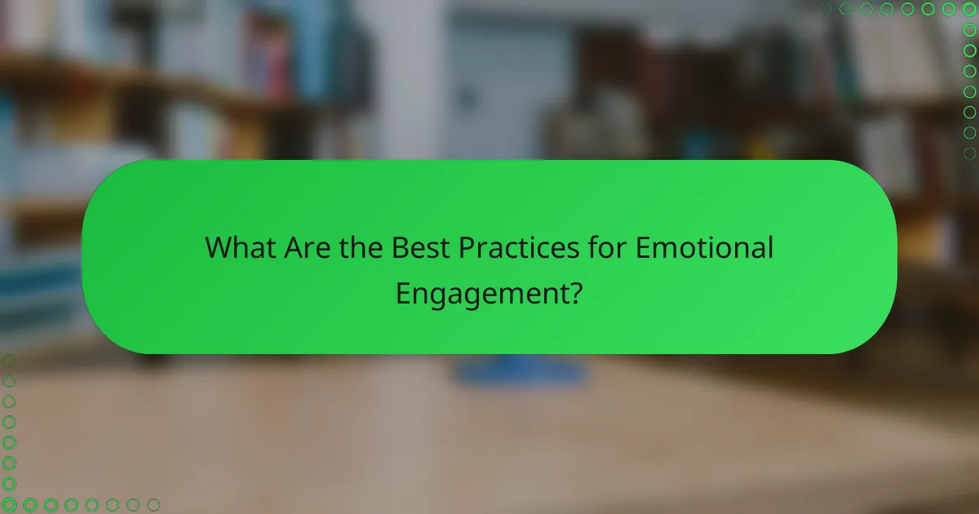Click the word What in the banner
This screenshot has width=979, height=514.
tap(241, 247)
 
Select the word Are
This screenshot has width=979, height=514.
tap(309, 247)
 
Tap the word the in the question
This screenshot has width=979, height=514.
tap(361, 247)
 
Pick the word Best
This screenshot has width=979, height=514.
tap(420, 247)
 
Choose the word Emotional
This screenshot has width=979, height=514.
tap(704, 247)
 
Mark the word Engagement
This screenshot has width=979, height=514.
tap(481, 294)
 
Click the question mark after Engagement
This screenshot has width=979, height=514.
tap(575, 294)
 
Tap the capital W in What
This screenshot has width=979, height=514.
tap(219, 247)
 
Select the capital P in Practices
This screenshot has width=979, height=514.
tap(467, 247)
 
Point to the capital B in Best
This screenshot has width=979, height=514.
tap(400, 247)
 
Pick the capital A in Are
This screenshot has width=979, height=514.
tap(293, 247)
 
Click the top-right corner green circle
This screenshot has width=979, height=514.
tap(969, 9)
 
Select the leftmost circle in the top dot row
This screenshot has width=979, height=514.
tap(826, 9)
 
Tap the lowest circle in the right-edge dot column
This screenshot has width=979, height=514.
tap(969, 153)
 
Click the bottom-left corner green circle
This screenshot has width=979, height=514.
tap(9, 504)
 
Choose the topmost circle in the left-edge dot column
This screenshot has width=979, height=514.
tap(9, 361)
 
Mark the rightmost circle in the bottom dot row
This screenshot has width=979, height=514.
tap(153, 504)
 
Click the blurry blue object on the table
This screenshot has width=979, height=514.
tap(521, 371)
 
